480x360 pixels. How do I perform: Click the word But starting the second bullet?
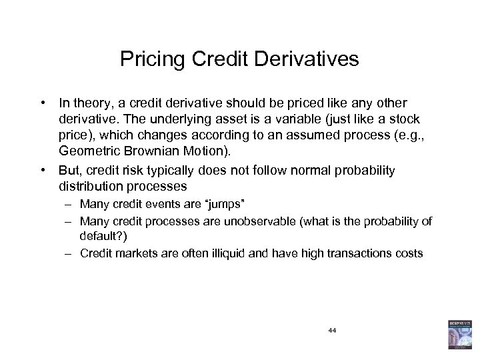click(x=70, y=170)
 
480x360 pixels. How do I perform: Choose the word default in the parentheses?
click(x=96, y=235)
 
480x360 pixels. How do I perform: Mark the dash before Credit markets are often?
click(x=69, y=253)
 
